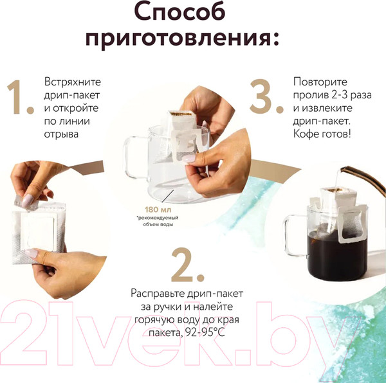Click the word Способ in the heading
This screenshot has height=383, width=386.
[x=193, y=13]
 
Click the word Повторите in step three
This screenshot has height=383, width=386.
[x=320, y=82]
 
